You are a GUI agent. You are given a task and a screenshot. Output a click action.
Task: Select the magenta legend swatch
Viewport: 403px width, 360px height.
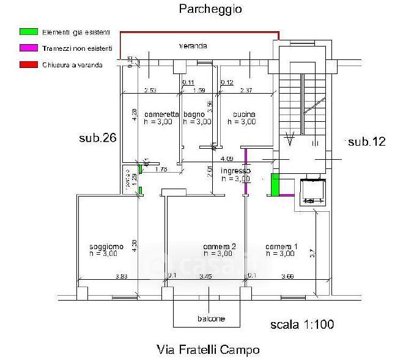click(x=28, y=47)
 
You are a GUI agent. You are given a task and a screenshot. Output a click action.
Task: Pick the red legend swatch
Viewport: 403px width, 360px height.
click(x=28, y=64)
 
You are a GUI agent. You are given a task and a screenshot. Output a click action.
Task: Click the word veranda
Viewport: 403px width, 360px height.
click(x=193, y=46)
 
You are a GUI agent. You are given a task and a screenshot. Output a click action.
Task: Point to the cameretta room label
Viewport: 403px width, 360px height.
click(x=161, y=114)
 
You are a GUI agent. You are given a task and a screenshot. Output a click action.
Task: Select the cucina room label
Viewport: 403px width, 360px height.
click(x=244, y=114)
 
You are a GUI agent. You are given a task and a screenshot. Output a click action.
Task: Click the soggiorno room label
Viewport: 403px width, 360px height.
click(x=106, y=246)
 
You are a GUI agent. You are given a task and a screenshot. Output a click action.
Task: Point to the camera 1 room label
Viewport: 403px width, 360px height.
click(x=281, y=246)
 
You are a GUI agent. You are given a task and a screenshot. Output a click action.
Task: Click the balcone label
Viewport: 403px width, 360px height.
click(x=210, y=318)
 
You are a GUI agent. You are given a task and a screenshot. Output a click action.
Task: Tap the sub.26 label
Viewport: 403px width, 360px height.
click(x=97, y=138)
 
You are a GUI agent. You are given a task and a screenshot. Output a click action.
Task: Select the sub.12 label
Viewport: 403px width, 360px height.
click(x=366, y=142)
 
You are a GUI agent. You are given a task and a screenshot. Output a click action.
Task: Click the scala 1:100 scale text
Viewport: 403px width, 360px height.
click(x=302, y=324)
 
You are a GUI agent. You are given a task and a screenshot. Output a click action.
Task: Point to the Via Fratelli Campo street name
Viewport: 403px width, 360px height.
click(x=208, y=350)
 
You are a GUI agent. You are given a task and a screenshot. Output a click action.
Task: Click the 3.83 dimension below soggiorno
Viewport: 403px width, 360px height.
click(x=122, y=277)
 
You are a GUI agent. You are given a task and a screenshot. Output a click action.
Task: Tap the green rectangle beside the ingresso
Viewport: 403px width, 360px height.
click(x=276, y=184)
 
